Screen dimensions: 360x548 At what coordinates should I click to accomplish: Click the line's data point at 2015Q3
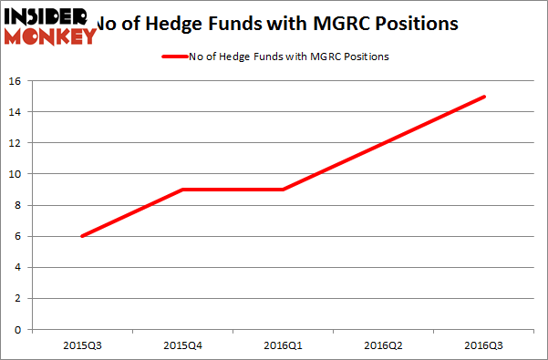click(x=83, y=236)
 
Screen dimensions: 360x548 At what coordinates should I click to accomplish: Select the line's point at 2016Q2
click(x=383, y=143)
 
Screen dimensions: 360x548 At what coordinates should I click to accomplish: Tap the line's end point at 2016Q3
click(x=484, y=97)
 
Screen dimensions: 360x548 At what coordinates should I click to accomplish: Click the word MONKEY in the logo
click(x=51, y=36)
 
